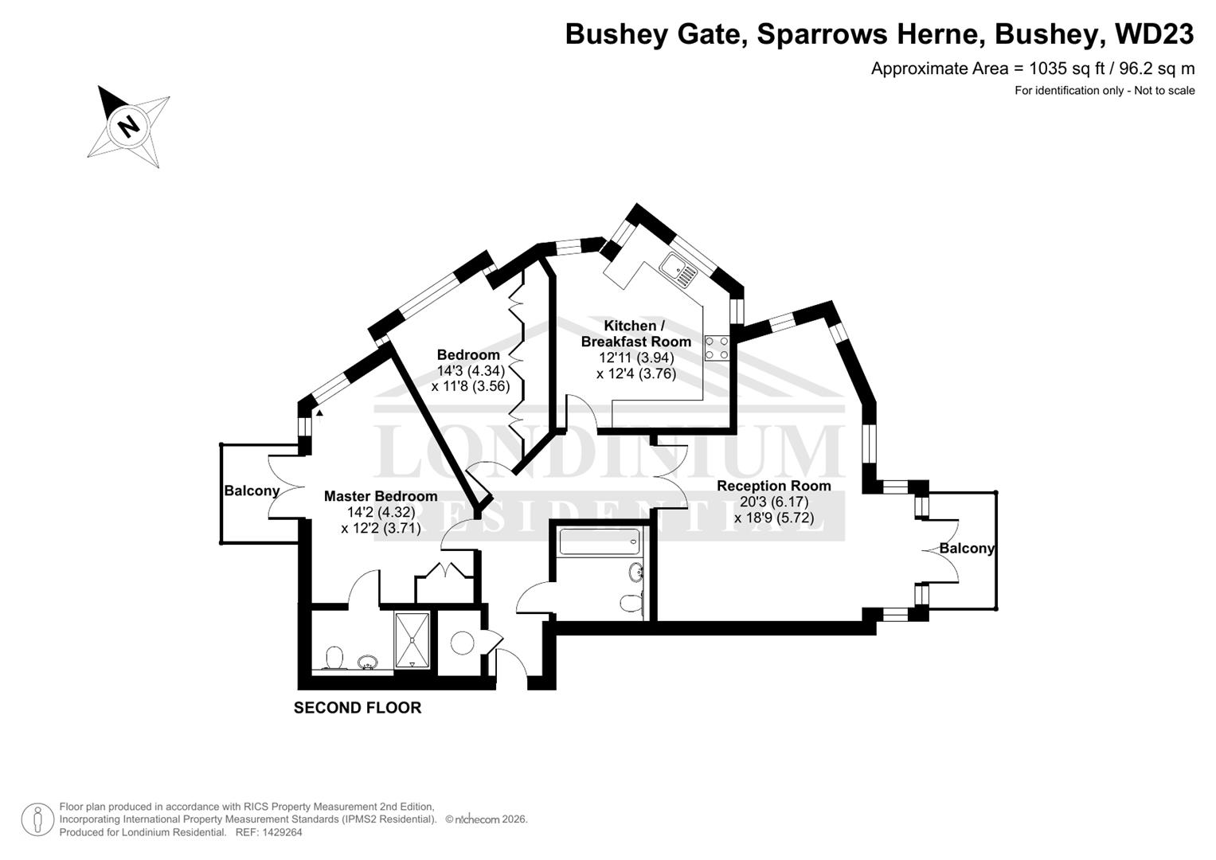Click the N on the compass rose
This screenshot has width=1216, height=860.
(x=129, y=127)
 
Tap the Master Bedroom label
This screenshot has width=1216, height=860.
(x=381, y=496)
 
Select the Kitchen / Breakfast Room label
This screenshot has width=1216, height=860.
(x=635, y=334)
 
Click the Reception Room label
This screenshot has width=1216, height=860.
(x=773, y=486)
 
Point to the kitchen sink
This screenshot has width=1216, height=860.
(x=678, y=269)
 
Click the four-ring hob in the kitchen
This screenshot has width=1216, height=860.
(x=717, y=348)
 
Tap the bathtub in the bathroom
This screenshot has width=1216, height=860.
(x=600, y=541)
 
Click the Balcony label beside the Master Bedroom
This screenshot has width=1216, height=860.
(x=252, y=491)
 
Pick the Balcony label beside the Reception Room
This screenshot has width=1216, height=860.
(x=967, y=549)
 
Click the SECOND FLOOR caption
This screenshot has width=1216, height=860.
(x=358, y=708)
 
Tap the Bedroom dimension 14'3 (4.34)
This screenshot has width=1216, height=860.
(x=471, y=371)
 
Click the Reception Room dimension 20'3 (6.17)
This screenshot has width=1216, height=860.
(x=774, y=502)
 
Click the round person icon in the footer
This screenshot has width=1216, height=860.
(x=37, y=820)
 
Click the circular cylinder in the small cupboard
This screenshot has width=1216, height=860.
(x=463, y=643)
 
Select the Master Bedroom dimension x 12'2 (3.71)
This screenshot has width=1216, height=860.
(x=381, y=528)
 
